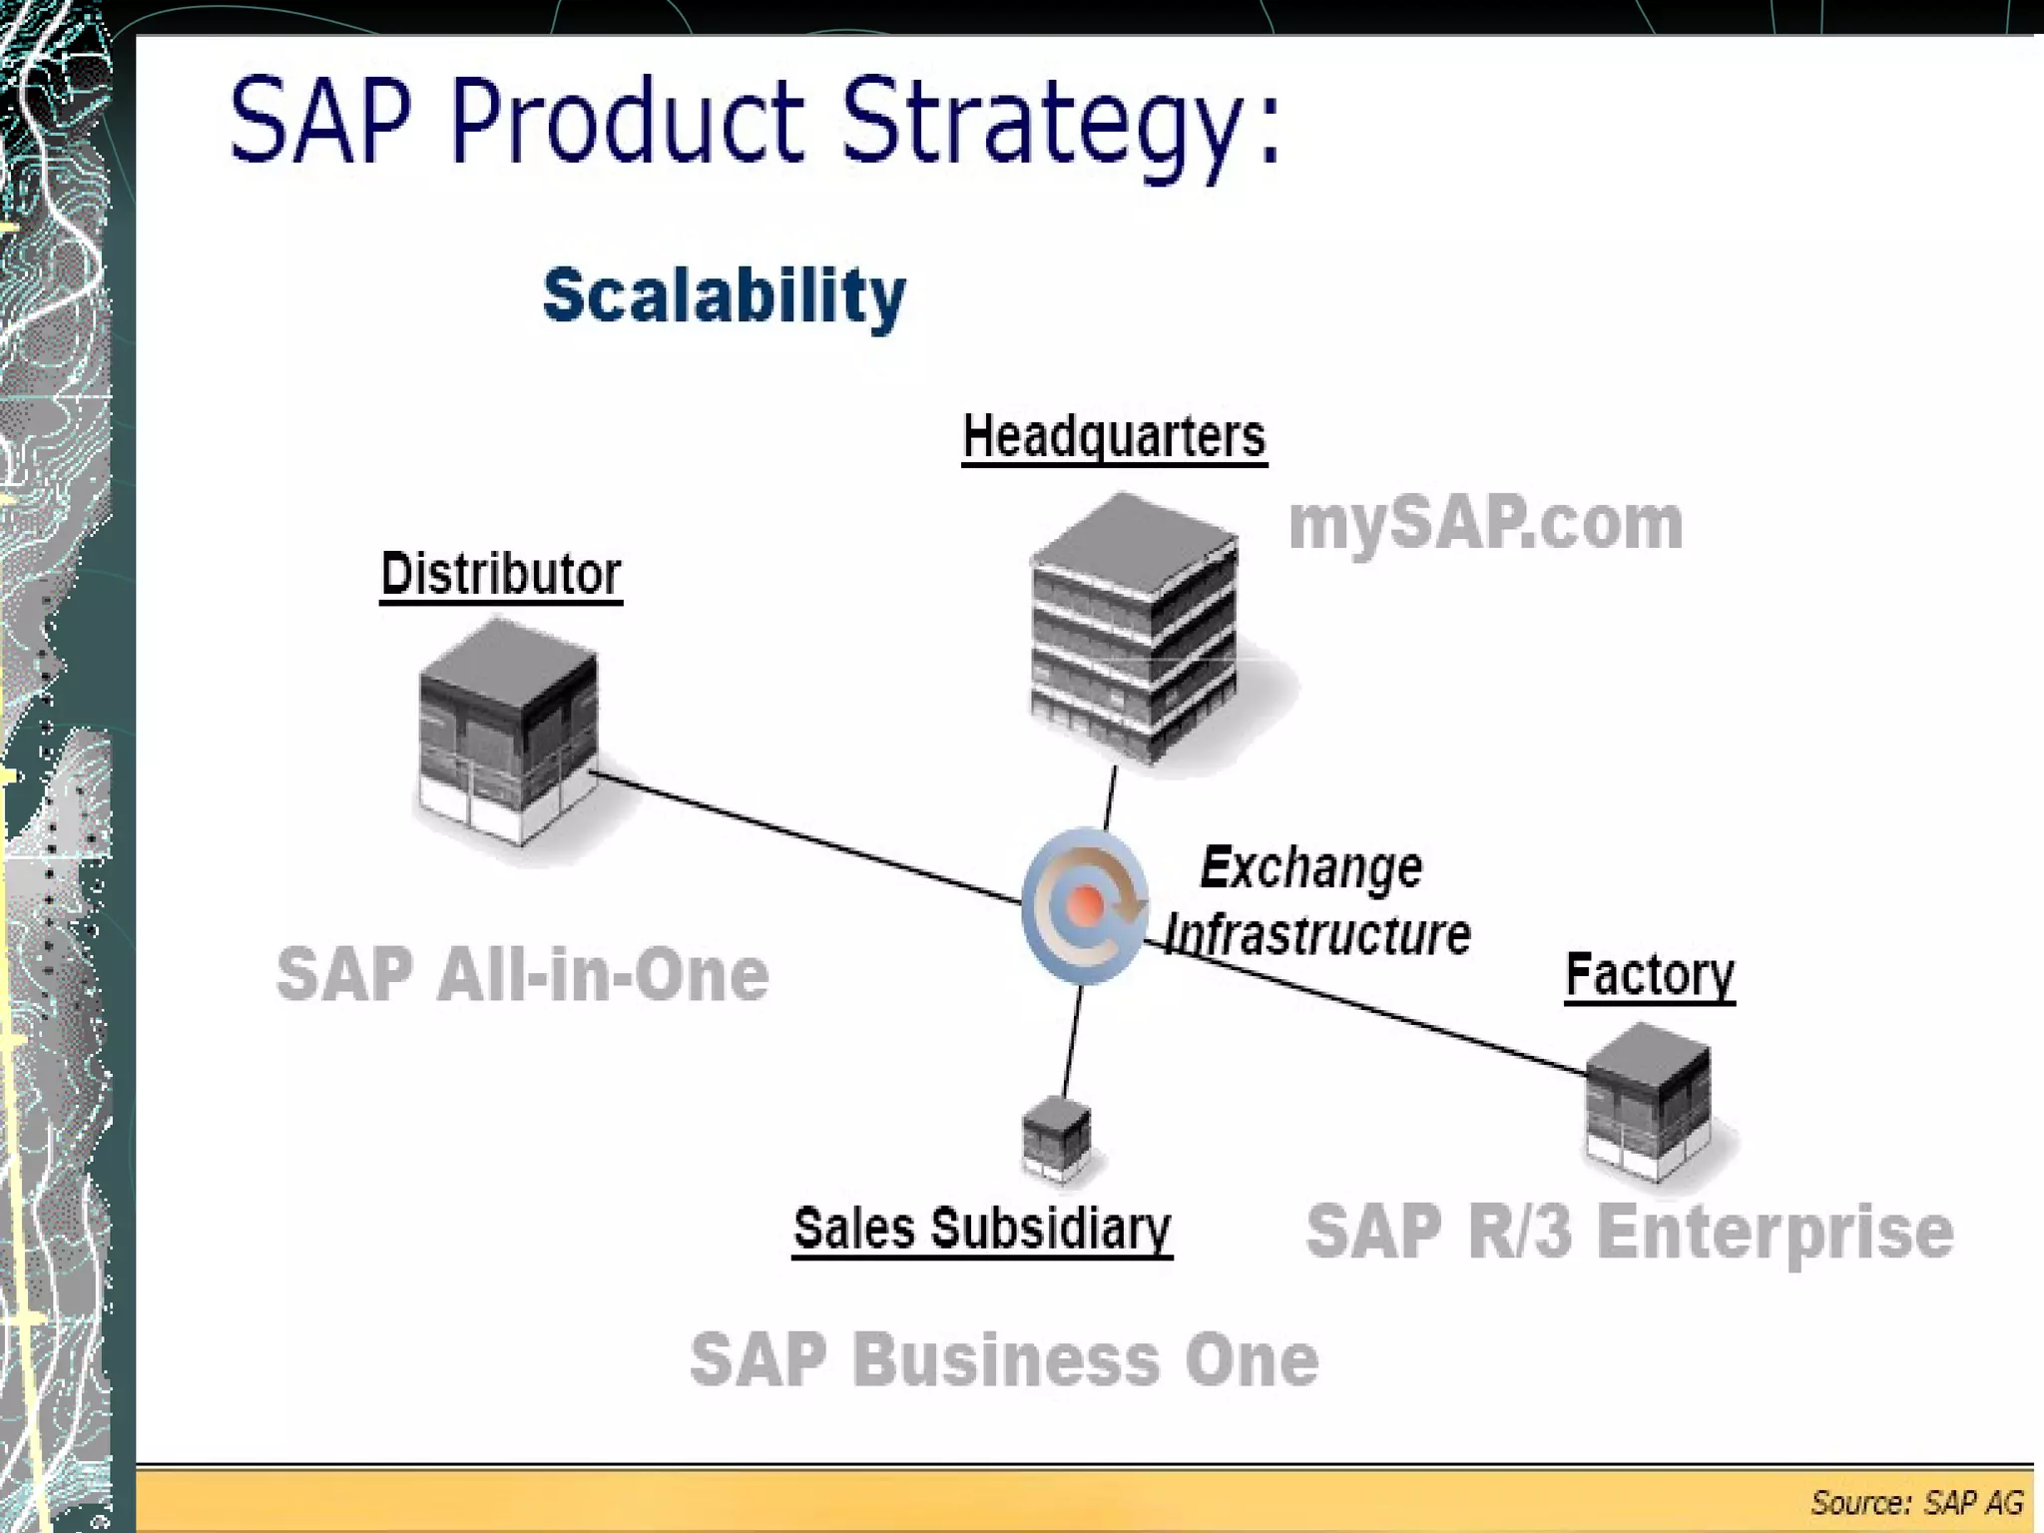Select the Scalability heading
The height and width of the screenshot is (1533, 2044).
724,295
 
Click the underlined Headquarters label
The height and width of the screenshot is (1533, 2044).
1114,437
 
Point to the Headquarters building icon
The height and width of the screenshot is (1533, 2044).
1135,629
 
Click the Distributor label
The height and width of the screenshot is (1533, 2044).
501,575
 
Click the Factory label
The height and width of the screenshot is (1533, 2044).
1649,974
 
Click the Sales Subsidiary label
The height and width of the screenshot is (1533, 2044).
982,1229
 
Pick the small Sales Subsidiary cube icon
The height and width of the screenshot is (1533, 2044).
1056,1137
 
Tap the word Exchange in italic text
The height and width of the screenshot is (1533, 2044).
1310,867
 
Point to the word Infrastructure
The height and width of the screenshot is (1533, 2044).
1317,935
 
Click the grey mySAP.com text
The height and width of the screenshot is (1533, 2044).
1485,523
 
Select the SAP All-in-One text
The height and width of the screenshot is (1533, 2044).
522,975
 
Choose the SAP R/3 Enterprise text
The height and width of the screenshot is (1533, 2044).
1629,1232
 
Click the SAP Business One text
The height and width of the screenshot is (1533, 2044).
1004,1359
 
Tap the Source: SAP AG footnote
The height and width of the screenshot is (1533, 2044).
1916,1502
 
